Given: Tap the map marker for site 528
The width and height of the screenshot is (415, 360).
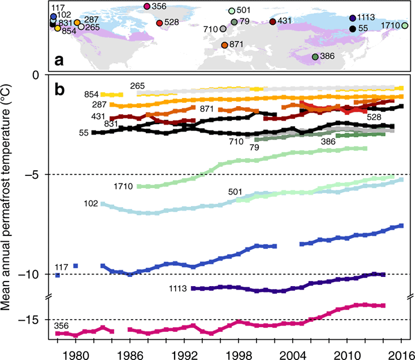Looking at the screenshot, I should [x=159, y=23].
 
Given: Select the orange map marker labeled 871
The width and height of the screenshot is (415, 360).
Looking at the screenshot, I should [x=224, y=44].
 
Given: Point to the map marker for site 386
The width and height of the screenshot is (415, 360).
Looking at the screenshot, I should [x=315, y=57].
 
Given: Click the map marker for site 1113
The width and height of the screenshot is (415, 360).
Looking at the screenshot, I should [x=352, y=18].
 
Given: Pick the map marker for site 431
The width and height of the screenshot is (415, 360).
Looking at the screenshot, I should [x=273, y=21].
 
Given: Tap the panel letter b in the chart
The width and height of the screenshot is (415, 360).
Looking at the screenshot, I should [x=59, y=90].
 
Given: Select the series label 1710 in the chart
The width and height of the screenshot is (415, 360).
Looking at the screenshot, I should [x=124, y=186].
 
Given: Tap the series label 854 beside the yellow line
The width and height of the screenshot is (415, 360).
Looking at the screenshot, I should [x=92, y=95].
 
